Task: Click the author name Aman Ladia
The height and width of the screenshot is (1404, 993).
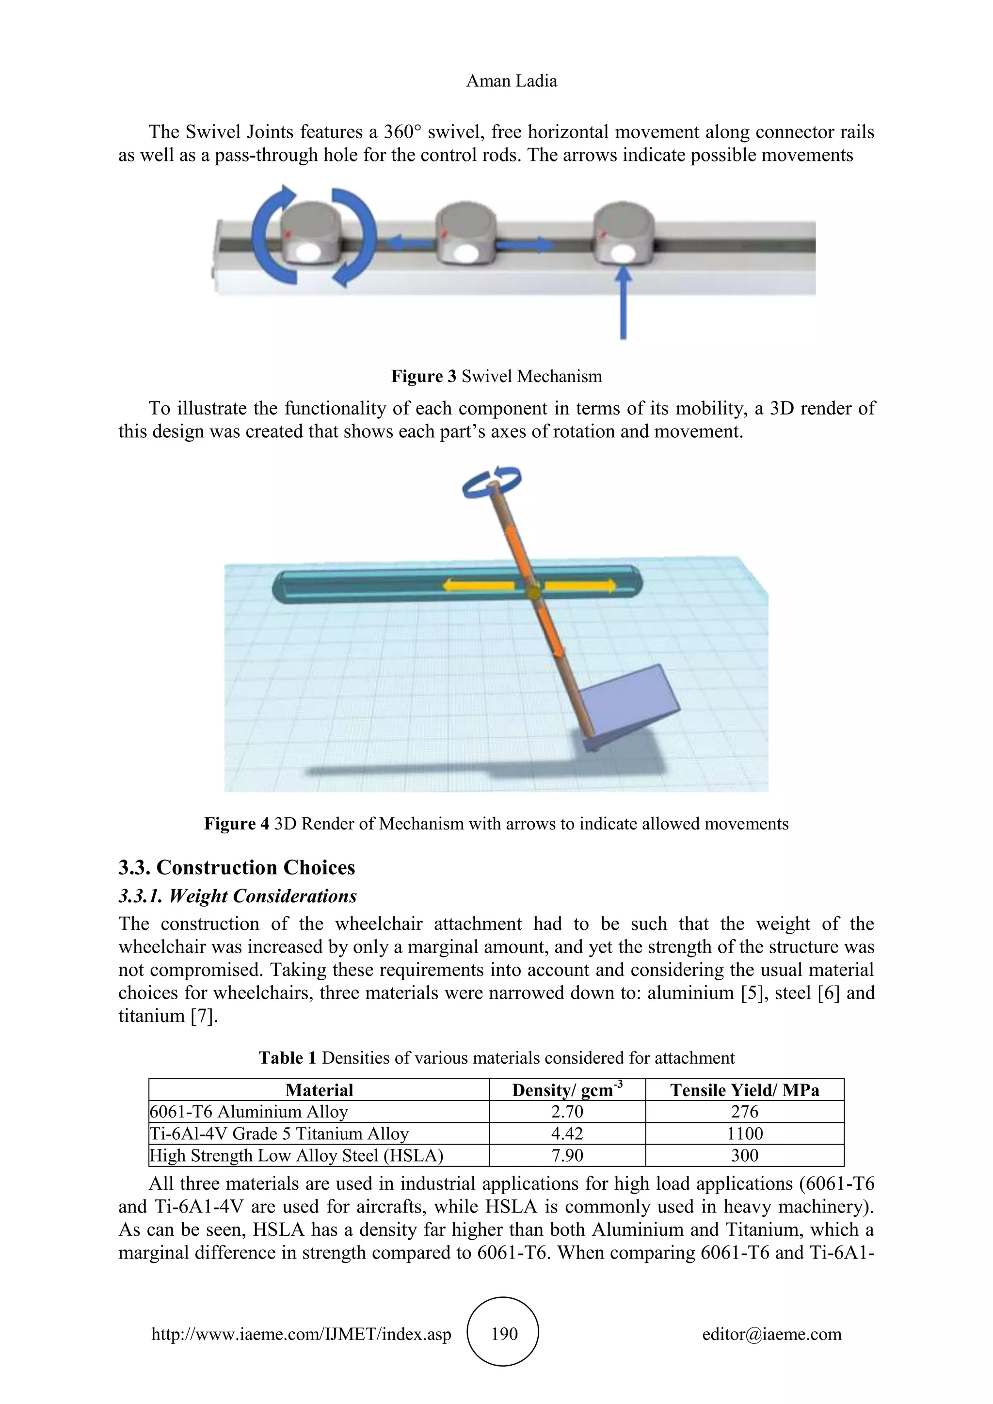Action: pyautogui.click(x=511, y=81)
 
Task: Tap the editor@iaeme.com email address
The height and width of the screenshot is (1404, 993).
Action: pyautogui.click(x=771, y=1334)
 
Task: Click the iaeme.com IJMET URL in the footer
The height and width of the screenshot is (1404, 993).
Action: pyautogui.click(x=301, y=1334)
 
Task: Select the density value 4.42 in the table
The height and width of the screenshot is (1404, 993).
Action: pyautogui.click(x=567, y=1133)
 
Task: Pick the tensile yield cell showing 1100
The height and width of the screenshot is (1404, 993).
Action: pyautogui.click(x=744, y=1133)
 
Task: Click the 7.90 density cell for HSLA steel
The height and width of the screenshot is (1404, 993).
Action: pyautogui.click(x=567, y=1155)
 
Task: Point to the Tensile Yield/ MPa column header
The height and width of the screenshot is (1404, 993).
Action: pyautogui.click(x=744, y=1090)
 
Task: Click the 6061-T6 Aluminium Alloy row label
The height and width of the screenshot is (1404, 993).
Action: pyautogui.click(x=249, y=1111)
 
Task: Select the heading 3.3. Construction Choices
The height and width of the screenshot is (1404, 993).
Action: pyautogui.click(x=237, y=867)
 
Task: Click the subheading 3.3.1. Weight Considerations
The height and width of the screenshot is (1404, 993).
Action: pyautogui.click(x=237, y=896)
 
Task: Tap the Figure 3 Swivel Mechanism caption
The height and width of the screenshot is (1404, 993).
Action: pyautogui.click(x=496, y=376)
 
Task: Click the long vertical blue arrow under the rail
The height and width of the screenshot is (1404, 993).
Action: pyautogui.click(x=623, y=306)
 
